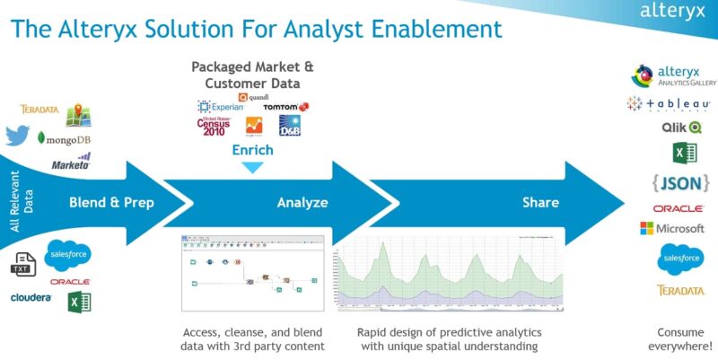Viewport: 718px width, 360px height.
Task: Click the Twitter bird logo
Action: pyautogui.click(x=17, y=136)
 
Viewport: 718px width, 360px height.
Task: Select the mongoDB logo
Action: pyautogui.click(x=64, y=140)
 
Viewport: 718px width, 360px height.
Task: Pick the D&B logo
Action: pyautogui.click(x=290, y=125)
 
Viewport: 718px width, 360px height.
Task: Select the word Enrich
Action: pyautogui.click(x=252, y=150)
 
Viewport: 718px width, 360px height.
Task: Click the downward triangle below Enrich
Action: pyautogui.click(x=253, y=167)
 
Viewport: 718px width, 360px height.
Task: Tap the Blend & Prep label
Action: pyautogui.click(x=111, y=203)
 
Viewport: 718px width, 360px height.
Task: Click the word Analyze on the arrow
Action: pyautogui.click(x=300, y=203)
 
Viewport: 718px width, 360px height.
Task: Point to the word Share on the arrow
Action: pyautogui.click(x=540, y=203)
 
